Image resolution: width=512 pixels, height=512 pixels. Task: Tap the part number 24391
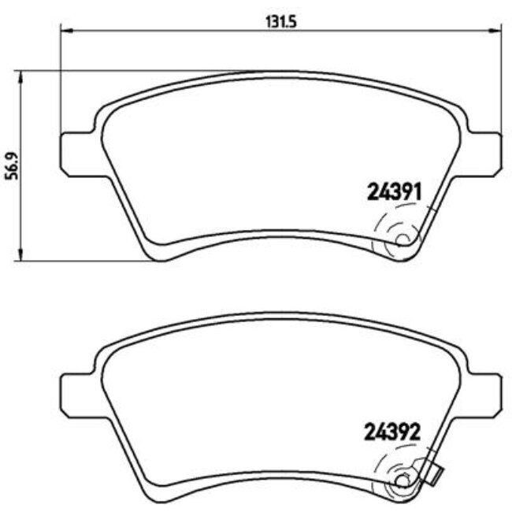coord(396,191)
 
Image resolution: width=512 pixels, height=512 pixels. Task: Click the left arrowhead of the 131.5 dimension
coord(65,31)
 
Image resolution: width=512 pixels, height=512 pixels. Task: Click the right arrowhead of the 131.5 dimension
coord(495,31)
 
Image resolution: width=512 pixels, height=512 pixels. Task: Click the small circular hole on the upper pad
coord(403,240)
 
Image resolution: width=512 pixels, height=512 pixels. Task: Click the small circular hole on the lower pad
coord(403,480)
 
